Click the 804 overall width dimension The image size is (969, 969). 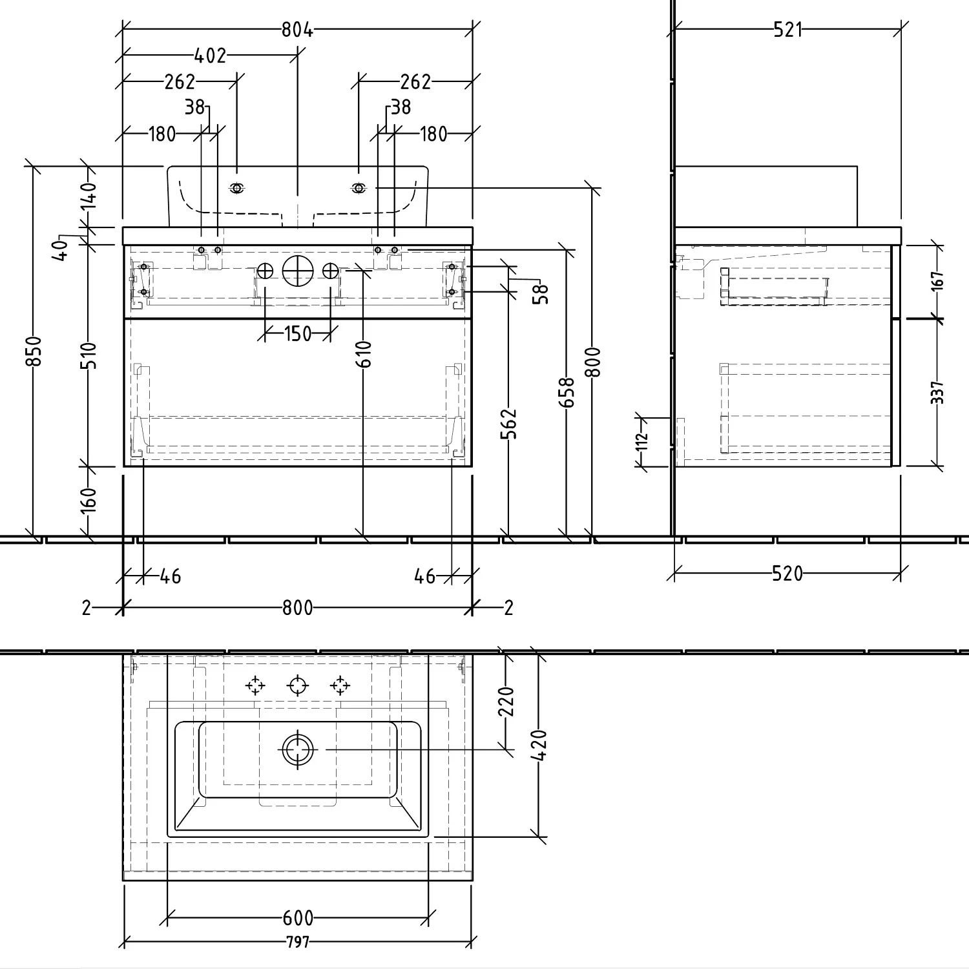[x=297, y=30]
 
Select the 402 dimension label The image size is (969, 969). [x=211, y=56]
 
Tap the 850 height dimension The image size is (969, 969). [x=36, y=351]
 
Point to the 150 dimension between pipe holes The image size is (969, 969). [x=297, y=334]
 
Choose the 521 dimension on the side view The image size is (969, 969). [x=787, y=30]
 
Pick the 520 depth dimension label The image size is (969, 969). [x=787, y=573]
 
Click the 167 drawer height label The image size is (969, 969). [x=937, y=280]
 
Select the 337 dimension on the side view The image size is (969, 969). [x=937, y=393]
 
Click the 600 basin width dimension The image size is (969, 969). [x=298, y=917]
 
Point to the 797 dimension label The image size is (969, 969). [x=298, y=943]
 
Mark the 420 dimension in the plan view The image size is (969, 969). [x=541, y=745]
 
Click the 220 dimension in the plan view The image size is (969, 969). [x=506, y=702]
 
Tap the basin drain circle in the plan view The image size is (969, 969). [x=298, y=749]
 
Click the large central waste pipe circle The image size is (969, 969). [x=298, y=271]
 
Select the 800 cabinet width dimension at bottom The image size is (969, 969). [x=297, y=608]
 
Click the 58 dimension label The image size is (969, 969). [x=541, y=294]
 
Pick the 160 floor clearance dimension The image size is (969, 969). [x=89, y=501]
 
